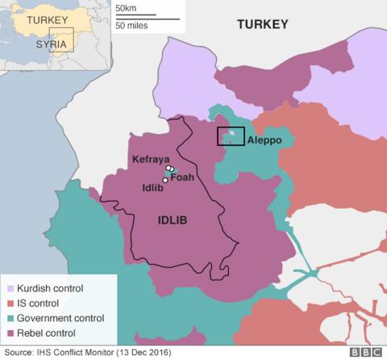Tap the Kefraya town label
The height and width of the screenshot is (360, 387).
(x=150, y=160)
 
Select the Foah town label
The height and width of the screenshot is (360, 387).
(x=182, y=177)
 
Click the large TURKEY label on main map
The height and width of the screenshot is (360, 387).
(x=262, y=25)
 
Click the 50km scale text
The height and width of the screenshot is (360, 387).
(x=126, y=8)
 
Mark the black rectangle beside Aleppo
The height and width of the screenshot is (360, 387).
(x=231, y=136)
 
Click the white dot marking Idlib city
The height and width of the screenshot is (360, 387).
(x=164, y=180)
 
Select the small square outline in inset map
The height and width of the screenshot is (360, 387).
(x=61, y=40)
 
